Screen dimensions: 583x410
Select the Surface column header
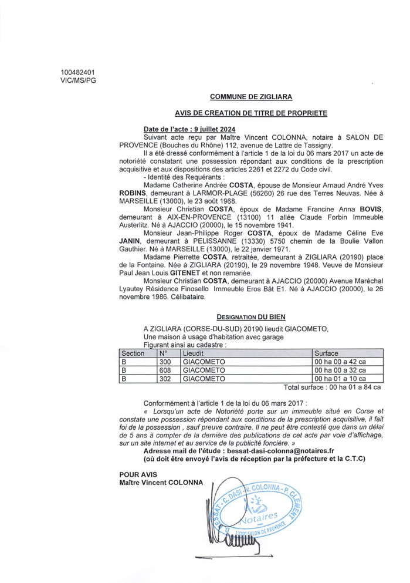[326, 353]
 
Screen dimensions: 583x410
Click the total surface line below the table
[332, 387]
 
